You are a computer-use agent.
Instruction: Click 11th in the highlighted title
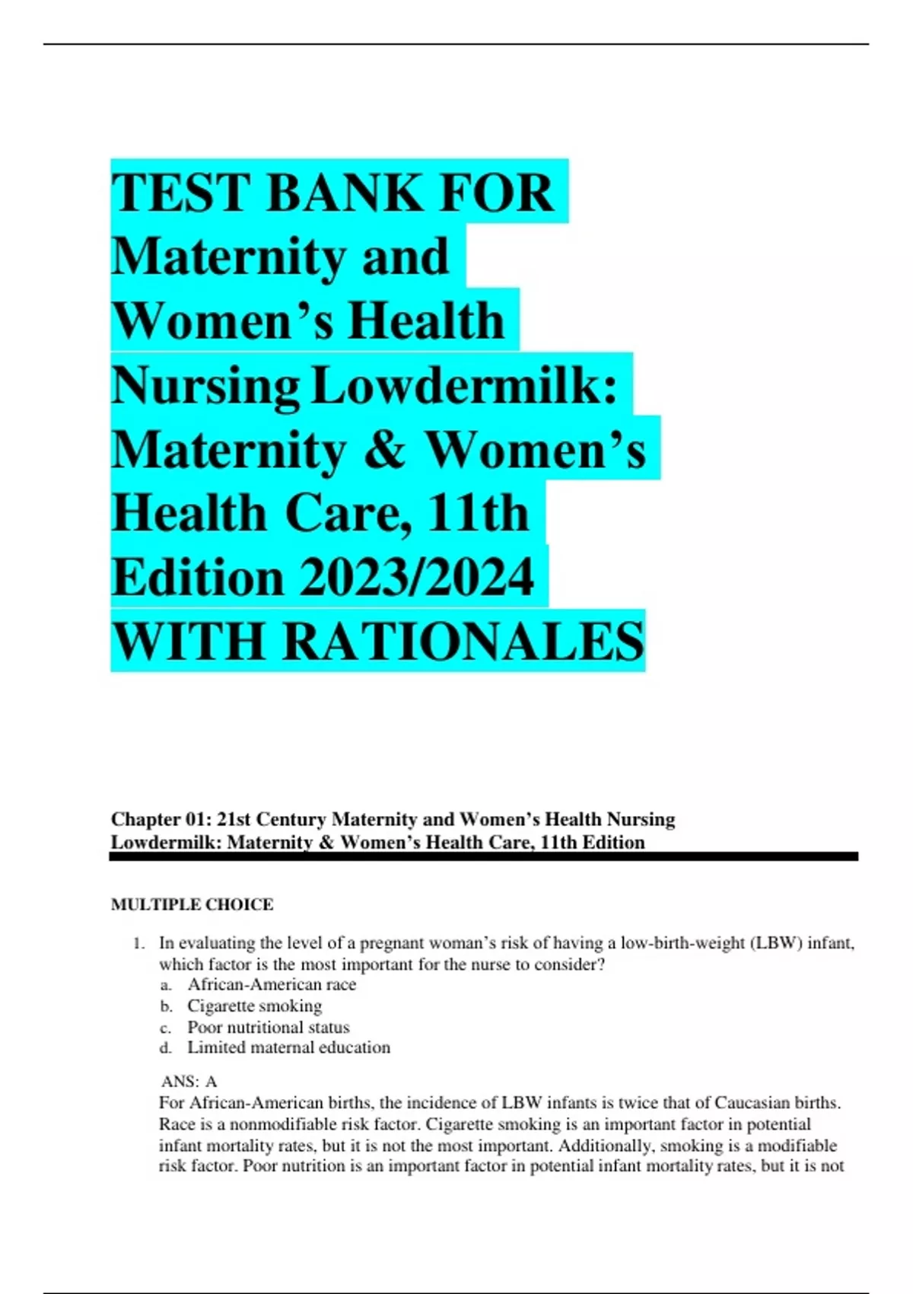coord(478,514)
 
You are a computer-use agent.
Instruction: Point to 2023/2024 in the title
coord(416,578)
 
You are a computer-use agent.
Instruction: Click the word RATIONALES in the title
coord(463,642)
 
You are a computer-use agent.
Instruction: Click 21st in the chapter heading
coord(234,819)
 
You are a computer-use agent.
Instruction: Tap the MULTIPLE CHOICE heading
coord(192,904)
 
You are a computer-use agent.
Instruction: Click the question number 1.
coord(138,943)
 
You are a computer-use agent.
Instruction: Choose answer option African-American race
coord(272,984)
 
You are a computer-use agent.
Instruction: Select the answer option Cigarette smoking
coord(255,1006)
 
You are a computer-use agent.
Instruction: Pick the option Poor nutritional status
coord(269,1027)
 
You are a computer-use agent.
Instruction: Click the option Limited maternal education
coord(288,1047)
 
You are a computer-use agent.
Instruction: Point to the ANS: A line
coord(189,1081)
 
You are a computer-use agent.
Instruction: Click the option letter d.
coord(165,1048)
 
